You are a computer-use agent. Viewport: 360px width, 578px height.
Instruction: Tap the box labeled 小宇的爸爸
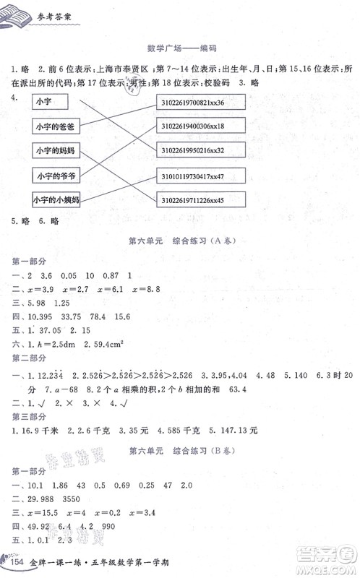pos(53,126)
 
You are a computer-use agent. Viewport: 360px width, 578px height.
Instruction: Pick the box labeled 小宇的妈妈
pos(53,150)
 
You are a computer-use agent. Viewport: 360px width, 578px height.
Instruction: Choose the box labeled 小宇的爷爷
pos(53,175)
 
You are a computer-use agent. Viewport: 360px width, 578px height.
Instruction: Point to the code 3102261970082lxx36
pos(201,102)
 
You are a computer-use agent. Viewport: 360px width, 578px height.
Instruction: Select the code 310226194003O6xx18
pos(201,126)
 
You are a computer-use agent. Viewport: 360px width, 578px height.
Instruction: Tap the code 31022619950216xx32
pos(201,150)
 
